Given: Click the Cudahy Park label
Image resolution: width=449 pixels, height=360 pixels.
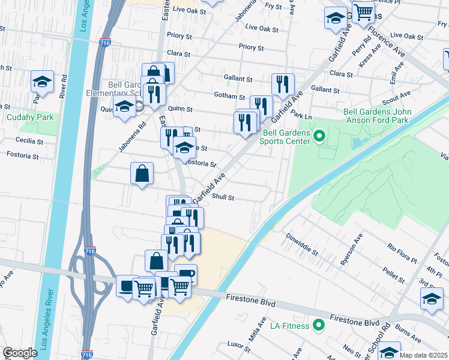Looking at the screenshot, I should click(x=30, y=118).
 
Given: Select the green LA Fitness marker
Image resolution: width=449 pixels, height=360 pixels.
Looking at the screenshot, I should click(x=318, y=326).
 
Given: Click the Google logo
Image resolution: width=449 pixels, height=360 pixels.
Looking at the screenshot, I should click(x=20, y=352).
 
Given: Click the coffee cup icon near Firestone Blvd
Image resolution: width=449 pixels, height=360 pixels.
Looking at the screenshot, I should click(x=185, y=274).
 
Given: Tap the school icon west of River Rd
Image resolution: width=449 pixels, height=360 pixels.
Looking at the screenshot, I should click(x=43, y=81).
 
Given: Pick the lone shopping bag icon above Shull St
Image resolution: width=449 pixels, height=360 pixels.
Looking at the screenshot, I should click(x=142, y=174).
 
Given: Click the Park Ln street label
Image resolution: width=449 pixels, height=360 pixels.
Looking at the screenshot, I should click(x=301, y=114).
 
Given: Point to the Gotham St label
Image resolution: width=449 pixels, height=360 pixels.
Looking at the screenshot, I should click(x=229, y=97).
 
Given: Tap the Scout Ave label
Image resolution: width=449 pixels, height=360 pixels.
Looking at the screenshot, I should click(x=397, y=95).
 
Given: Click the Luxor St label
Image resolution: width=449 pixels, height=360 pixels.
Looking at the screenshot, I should click(x=239, y=344).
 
